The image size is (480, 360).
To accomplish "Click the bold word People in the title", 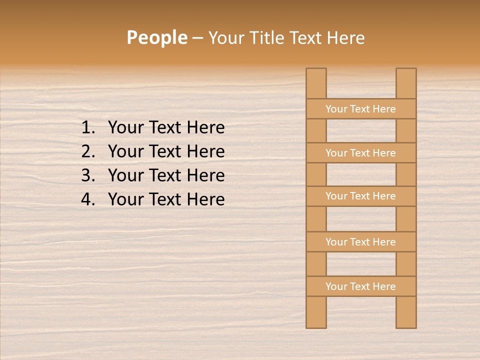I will [156, 37].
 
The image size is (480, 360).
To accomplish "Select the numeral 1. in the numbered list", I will [88, 128].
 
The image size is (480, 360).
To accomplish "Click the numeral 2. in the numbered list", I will [88, 151].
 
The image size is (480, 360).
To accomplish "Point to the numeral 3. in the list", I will [88, 175].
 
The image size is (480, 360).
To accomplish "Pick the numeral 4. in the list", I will [88, 199].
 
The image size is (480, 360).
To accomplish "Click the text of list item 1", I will [166, 128].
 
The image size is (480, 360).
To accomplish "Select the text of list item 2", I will [166, 151].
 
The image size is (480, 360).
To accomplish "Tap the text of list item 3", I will [166, 175].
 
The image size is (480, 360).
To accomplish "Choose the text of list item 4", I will [166, 199].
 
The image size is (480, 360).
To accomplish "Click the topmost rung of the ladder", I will [360, 109].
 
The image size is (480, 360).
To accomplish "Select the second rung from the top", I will [360, 153].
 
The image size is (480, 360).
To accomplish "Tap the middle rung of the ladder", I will [360, 196].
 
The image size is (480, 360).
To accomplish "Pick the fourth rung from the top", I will [360, 242].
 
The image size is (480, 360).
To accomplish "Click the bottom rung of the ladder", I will [360, 286].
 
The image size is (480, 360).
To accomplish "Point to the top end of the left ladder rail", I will [316, 71].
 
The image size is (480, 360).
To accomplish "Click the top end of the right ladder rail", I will [406, 71].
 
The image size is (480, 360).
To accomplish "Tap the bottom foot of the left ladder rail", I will [316, 324].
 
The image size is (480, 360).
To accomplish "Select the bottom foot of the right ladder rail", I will [406, 324].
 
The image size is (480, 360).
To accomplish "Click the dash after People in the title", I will [197, 38].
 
